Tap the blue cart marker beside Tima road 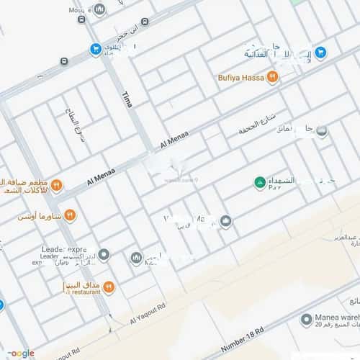(95, 49)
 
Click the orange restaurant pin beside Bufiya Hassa (272, 77)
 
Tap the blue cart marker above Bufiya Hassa (321, 53)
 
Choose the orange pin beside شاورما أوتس (70, 215)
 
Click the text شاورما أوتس (40, 215)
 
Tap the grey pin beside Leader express (104, 255)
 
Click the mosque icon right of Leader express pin (136, 258)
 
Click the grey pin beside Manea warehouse (307, 318)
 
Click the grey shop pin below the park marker (225, 221)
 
